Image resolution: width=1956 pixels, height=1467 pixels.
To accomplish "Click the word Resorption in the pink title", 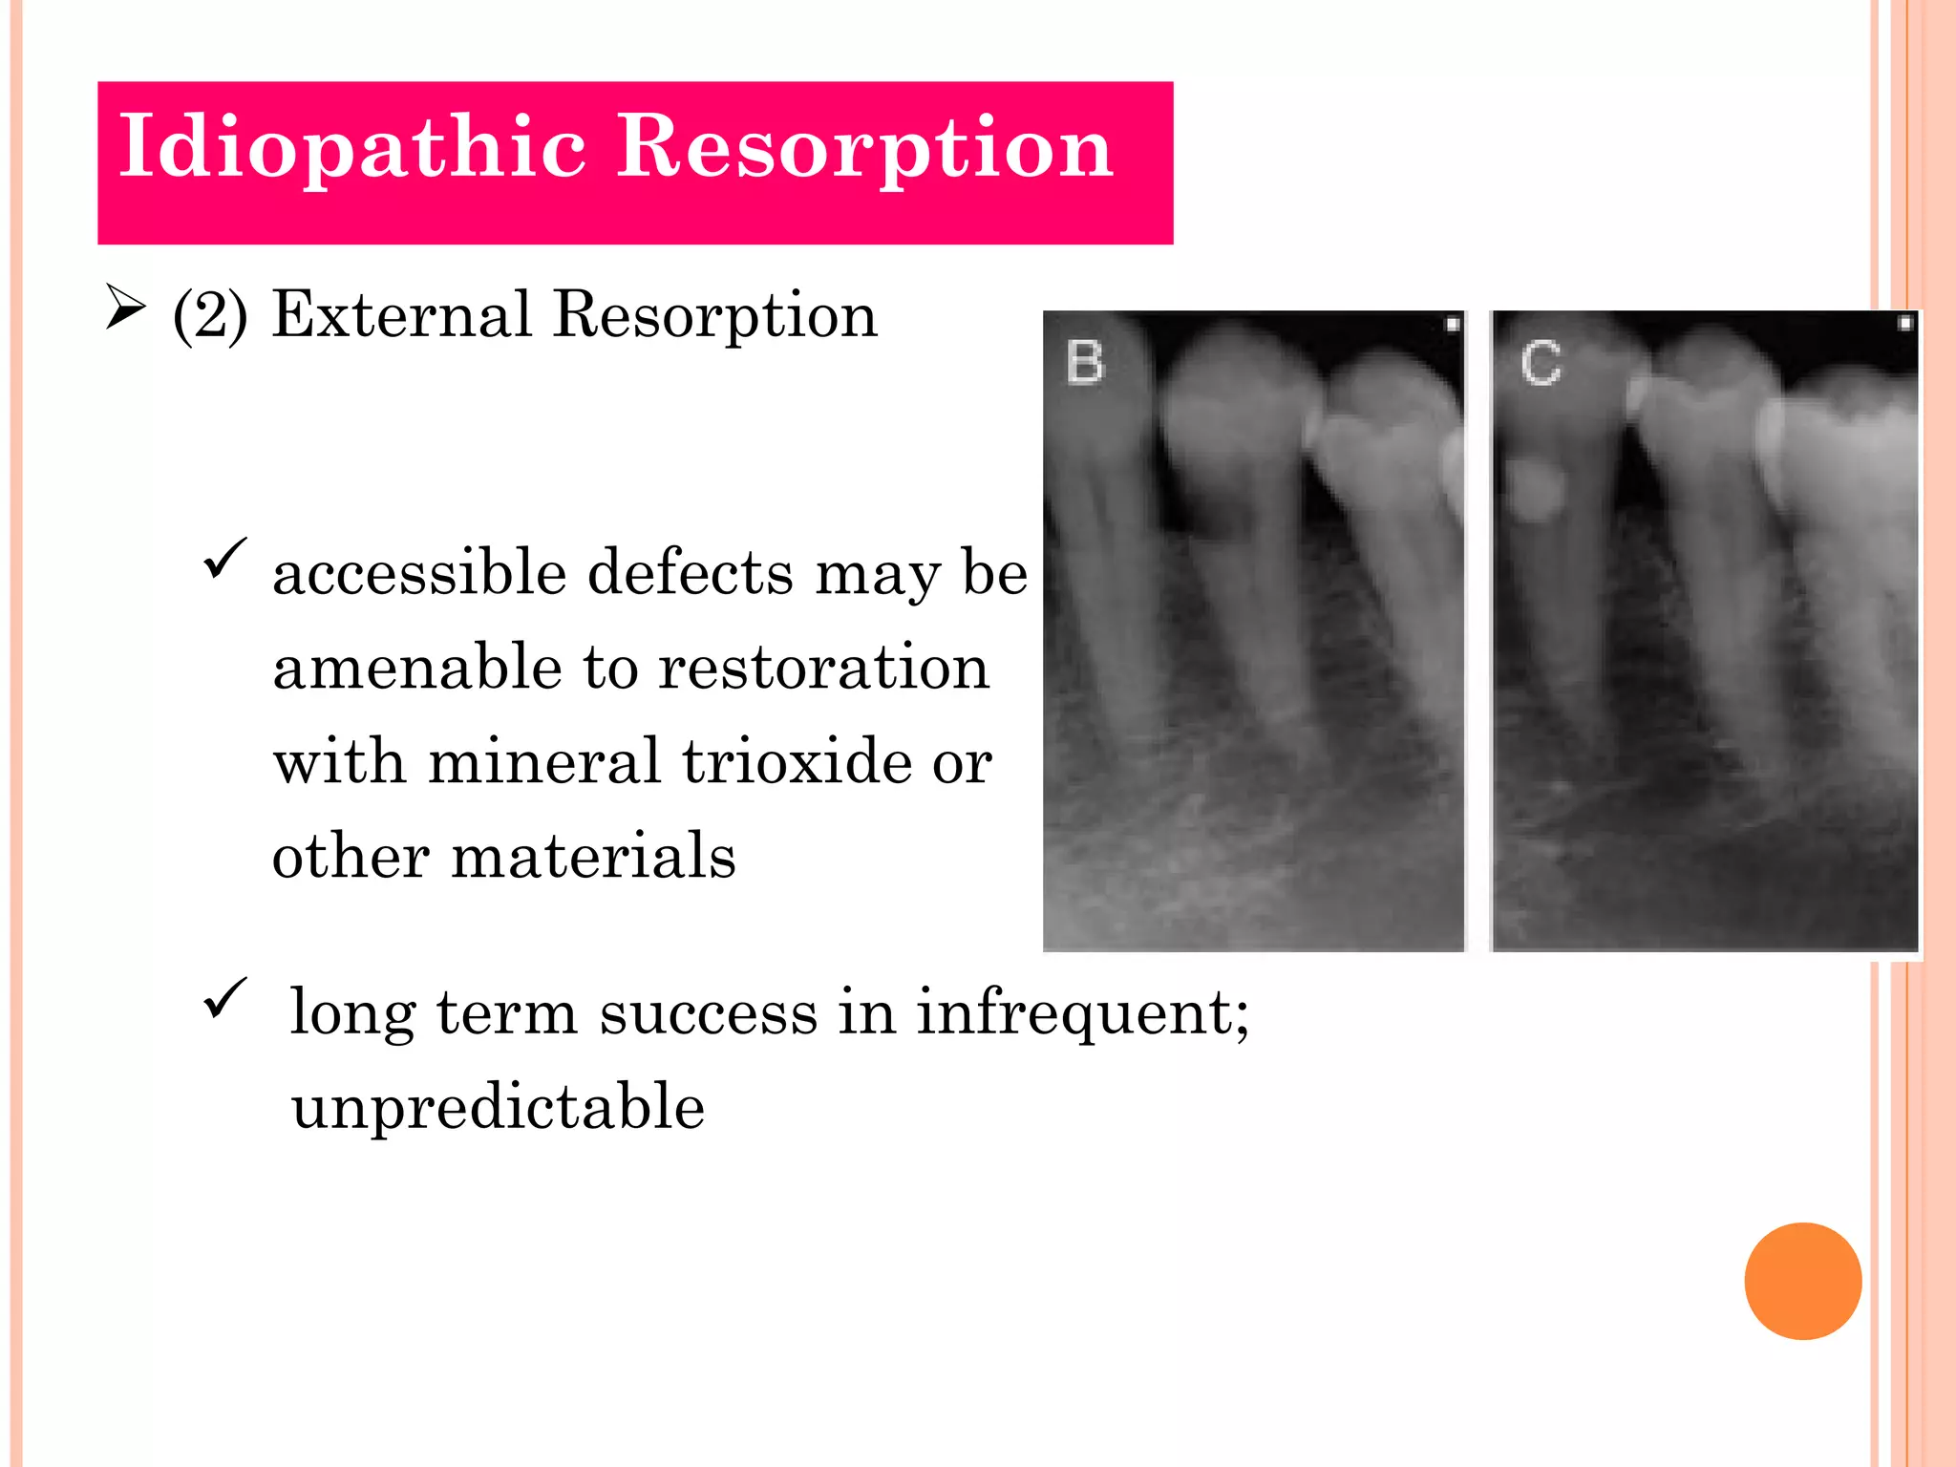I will click(864, 148).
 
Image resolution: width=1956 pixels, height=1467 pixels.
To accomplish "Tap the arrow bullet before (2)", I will click(125, 308).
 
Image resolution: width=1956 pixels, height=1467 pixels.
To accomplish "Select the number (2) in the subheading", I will click(210, 315).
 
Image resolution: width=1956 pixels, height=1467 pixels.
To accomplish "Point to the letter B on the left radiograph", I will click(1085, 363).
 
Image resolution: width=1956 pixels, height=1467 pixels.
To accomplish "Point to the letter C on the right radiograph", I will click(1541, 364).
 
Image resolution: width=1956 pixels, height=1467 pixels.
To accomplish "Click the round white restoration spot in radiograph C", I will click(1533, 489).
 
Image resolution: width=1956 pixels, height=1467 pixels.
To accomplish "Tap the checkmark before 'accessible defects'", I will click(225, 558).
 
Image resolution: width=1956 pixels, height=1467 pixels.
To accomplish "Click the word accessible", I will click(419, 573).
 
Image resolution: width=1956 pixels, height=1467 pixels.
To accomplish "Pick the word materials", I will click(593, 856).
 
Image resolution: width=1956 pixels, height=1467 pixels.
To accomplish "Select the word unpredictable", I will click(498, 1108).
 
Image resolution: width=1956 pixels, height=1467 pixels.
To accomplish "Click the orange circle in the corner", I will click(1802, 1281).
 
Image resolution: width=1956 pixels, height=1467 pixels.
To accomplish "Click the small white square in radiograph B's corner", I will click(1452, 325).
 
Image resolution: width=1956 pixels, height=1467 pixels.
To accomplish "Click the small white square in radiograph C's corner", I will click(1904, 324).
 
